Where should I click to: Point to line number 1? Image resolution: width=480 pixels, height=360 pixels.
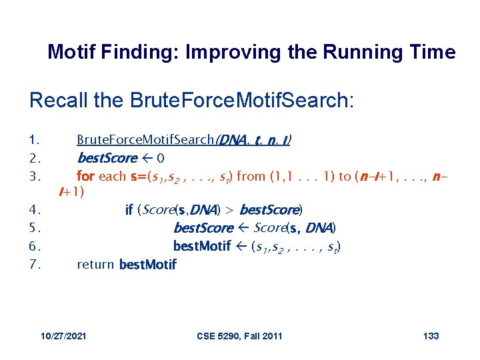pyautogui.click(x=35, y=140)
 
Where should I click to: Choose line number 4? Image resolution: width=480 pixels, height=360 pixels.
pyautogui.click(x=36, y=210)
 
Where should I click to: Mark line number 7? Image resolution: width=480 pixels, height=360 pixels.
pyautogui.click(x=36, y=264)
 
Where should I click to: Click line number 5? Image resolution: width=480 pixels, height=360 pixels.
pyautogui.click(x=36, y=228)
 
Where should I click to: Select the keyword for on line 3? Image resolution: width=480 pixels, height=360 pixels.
pyautogui.click(x=85, y=176)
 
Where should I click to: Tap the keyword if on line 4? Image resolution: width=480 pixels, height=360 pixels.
pyautogui.click(x=129, y=210)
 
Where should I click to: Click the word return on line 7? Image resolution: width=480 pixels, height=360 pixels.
pyautogui.click(x=95, y=264)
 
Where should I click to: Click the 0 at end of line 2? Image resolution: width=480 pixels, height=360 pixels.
pyautogui.click(x=161, y=159)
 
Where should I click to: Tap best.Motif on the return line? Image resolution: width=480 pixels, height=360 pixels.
pyautogui.click(x=147, y=265)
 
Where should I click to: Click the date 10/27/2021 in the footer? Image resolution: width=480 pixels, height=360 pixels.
pyautogui.click(x=63, y=335)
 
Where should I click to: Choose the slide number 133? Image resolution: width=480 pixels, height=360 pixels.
pyautogui.click(x=431, y=335)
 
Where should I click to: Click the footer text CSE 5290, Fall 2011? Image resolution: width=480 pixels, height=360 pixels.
pyautogui.click(x=239, y=335)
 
